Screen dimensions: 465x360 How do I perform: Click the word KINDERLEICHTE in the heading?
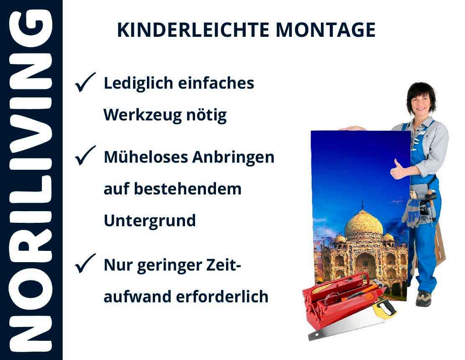coord(193,30)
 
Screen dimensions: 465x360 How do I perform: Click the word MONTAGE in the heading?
coord(326,30)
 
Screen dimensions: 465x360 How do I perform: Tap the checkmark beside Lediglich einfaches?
coord(85,82)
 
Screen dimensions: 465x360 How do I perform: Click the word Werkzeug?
coord(142,115)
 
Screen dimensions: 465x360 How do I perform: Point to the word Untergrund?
coord(150,221)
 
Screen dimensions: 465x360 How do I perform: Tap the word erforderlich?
coord(222,296)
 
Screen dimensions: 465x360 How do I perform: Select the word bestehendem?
coord(188,189)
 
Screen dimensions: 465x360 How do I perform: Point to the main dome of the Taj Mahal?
coord(363,224)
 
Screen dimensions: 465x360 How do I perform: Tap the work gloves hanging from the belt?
coord(411,212)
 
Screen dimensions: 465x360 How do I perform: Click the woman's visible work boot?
coord(424,298)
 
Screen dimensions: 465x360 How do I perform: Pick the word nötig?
coord(206,115)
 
